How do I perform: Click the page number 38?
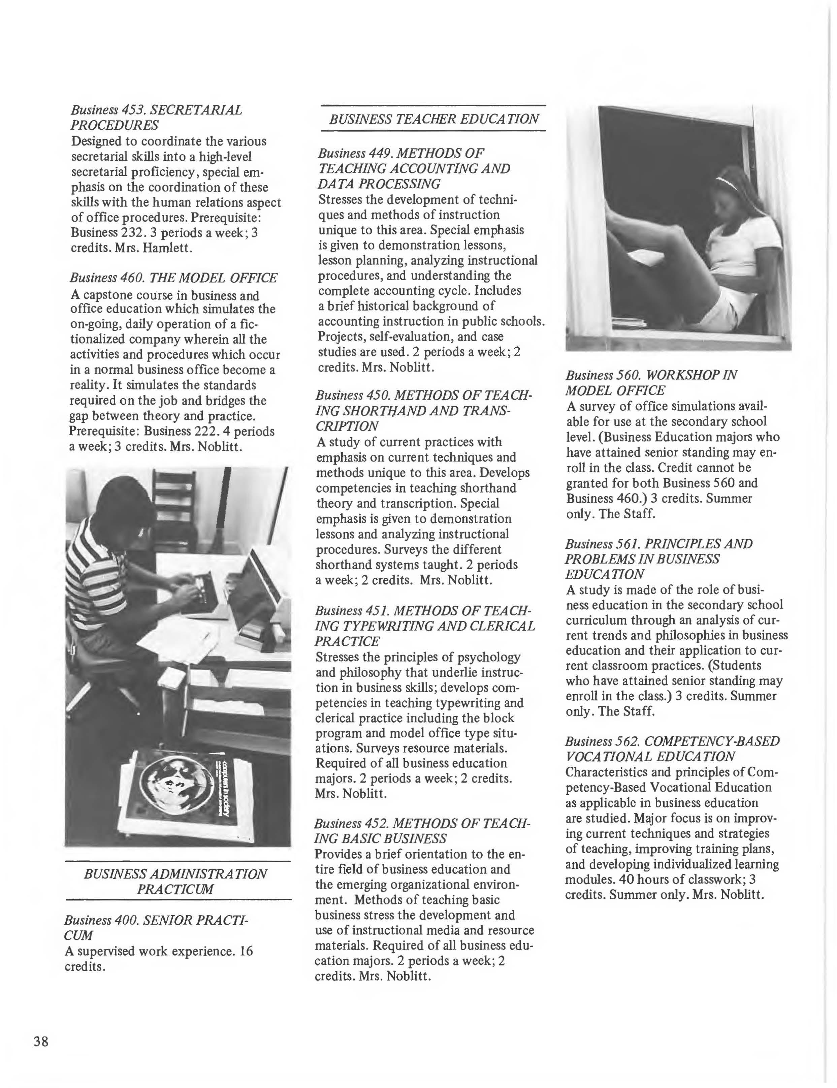click(x=41, y=1041)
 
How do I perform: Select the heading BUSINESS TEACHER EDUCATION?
click(x=433, y=119)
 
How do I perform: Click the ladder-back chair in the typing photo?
click(x=174, y=503)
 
